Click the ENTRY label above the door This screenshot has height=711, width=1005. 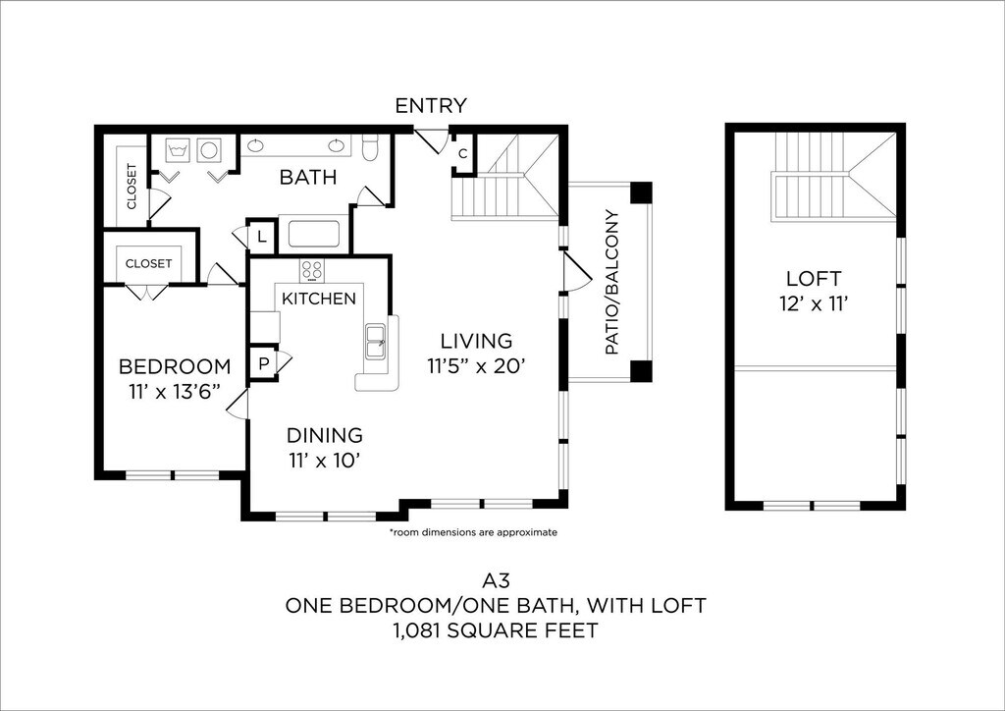(431, 105)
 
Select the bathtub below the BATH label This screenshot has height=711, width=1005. (313, 234)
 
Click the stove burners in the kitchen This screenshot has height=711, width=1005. (312, 270)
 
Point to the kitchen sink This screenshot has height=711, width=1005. (375, 342)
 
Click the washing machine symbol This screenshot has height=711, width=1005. (178, 151)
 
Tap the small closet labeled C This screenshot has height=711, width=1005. (463, 154)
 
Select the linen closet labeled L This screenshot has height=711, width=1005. (261, 236)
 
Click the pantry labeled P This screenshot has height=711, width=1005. (263, 363)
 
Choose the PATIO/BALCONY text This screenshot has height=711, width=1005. (611, 283)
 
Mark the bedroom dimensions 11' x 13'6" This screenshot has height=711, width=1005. (175, 391)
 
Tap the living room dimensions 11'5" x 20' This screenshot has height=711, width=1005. (476, 365)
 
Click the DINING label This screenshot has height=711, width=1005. (324, 435)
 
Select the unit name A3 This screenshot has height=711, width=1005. (496, 581)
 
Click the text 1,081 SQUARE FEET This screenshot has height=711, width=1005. (496, 630)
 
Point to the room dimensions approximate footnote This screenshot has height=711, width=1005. (473, 532)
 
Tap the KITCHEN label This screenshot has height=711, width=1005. (319, 299)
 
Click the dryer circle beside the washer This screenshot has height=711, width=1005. (209, 150)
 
